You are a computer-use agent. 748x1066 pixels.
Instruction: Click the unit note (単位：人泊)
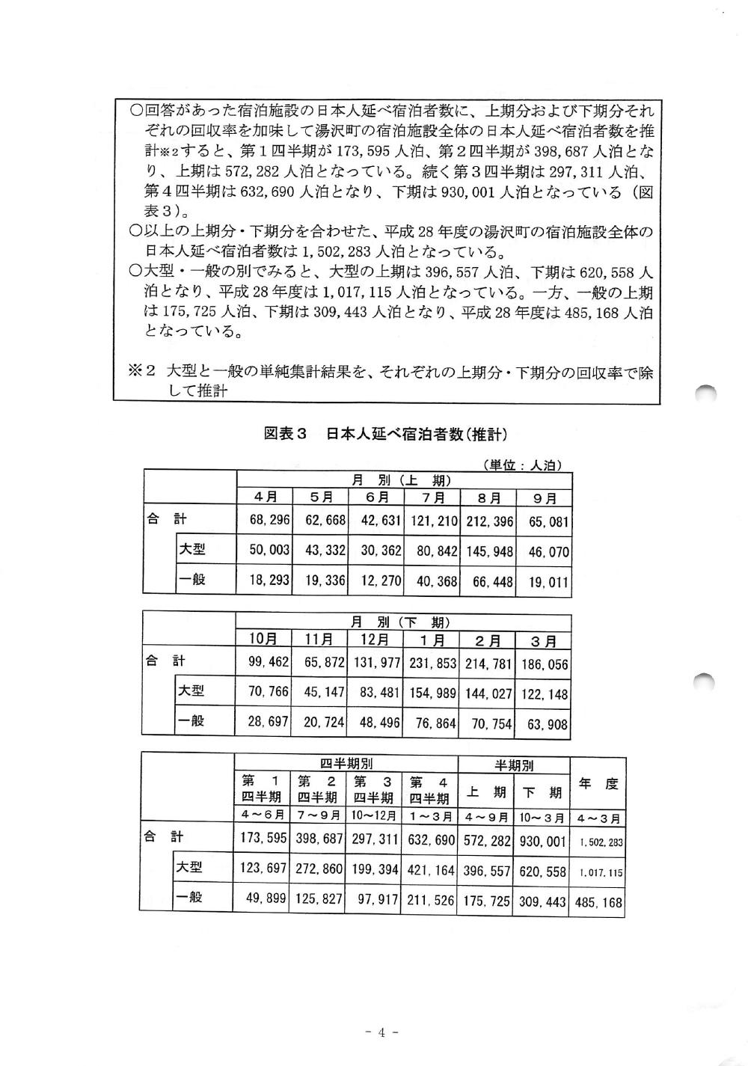pos(521,465)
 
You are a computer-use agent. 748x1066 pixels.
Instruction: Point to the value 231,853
pos(432,663)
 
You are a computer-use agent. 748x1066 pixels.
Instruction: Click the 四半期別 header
pos(346,764)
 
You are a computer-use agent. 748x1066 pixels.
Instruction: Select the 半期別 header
pos(514,765)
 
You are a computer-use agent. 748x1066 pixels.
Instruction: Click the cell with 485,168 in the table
pos(598,902)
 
